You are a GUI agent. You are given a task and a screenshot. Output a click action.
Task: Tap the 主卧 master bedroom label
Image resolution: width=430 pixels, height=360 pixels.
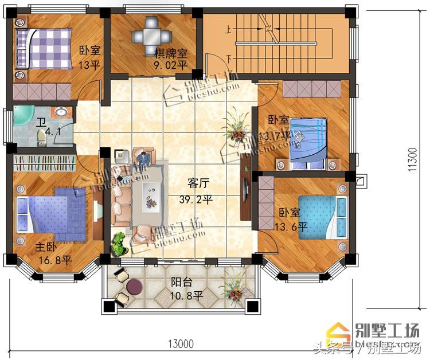46,247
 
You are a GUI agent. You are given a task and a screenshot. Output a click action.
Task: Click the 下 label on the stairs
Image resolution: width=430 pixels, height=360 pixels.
229,58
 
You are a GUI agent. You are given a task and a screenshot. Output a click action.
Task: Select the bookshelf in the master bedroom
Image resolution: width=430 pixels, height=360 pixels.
44,163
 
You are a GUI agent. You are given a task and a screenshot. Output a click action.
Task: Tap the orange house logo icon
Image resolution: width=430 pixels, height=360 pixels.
337,331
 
